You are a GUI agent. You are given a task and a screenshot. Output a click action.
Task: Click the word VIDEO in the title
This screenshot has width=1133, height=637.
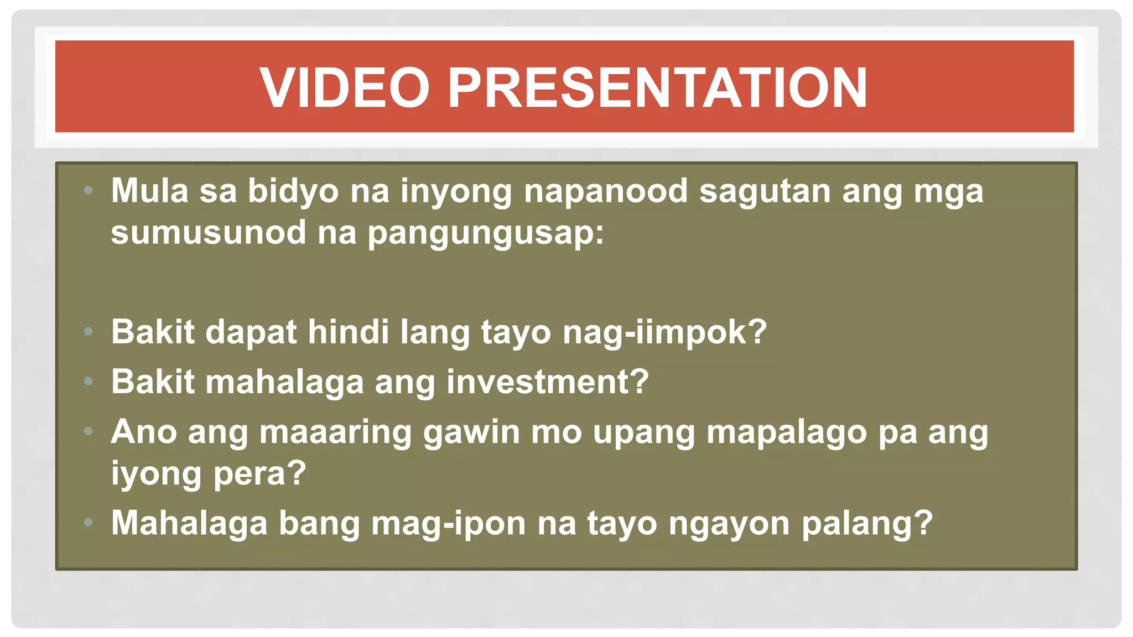pos(344,87)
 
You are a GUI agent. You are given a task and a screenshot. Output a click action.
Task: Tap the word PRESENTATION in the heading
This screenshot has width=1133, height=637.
pos(657,87)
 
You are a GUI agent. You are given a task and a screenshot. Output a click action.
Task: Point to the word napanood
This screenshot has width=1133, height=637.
pos(605,191)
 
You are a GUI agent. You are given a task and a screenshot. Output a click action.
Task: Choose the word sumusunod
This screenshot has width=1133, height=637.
pos(208,232)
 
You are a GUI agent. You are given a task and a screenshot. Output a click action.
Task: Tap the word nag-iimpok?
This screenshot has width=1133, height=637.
pos(664,333)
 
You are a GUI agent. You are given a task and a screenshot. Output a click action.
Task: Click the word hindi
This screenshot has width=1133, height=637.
pos(348,332)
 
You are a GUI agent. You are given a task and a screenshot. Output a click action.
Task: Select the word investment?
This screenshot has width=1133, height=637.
pos(547,382)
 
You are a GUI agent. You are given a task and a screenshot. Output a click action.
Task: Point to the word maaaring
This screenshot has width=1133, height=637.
pos(335,432)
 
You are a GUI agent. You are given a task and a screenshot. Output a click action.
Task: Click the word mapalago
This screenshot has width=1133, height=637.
pos(786,432)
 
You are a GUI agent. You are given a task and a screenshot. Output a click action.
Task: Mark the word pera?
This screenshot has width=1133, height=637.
pos(259,473)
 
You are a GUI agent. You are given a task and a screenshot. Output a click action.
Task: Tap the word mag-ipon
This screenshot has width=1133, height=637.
pos(448,523)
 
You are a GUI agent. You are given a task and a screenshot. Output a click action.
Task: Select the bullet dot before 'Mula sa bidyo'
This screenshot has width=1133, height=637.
pos(88,191)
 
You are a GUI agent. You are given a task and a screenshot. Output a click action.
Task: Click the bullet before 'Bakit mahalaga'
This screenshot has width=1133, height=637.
pos(88,381)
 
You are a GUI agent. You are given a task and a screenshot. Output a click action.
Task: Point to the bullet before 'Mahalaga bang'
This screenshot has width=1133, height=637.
pos(88,523)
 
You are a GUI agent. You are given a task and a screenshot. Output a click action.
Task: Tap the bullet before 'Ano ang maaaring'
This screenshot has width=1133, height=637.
pos(88,431)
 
